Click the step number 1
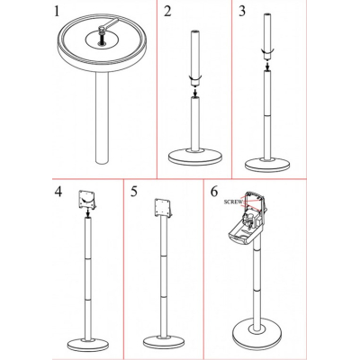(x=57, y=12)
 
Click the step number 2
(x=167, y=12)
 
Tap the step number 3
(x=242, y=12)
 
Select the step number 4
(x=58, y=192)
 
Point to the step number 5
(x=134, y=192)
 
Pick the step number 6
(x=214, y=192)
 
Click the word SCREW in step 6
(x=233, y=202)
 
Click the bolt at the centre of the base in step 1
(x=103, y=35)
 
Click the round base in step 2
(x=195, y=157)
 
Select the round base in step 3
(x=267, y=164)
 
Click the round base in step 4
(x=88, y=345)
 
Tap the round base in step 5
(x=164, y=342)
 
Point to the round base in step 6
(x=257, y=332)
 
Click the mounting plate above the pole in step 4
(x=87, y=200)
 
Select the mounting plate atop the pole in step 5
(x=163, y=208)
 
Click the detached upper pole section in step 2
(x=195, y=57)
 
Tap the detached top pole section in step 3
(x=266, y=36)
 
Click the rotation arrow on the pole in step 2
(x=195, y=78)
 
